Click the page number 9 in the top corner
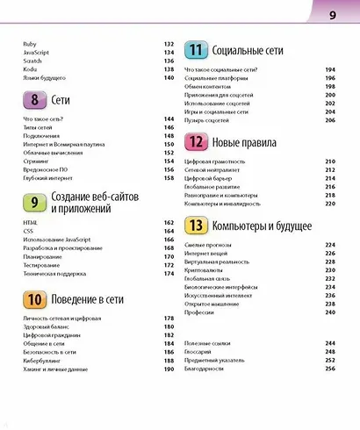point(333,16)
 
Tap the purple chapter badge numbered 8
point(35,100)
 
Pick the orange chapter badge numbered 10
point(35,299)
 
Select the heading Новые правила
point(245,142)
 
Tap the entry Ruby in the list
point(30,44)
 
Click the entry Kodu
point(30,68)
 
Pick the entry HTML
point(31,225)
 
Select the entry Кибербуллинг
point(45,359)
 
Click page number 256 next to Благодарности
point(331,369)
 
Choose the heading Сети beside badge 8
point(61,100)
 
